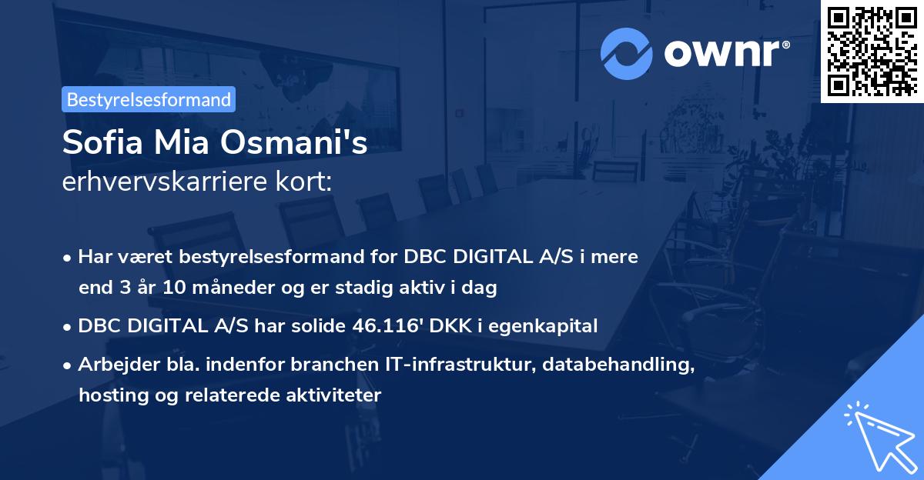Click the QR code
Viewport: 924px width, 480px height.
pyautogui.click(x=872, y=51)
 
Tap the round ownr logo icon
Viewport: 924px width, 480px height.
pyautogui.click(x=627, y=53)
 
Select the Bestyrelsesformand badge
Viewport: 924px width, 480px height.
pyautogui.click(x=149, y=99)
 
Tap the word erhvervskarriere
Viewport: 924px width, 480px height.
pyautogui.click(x=164, y=182)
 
